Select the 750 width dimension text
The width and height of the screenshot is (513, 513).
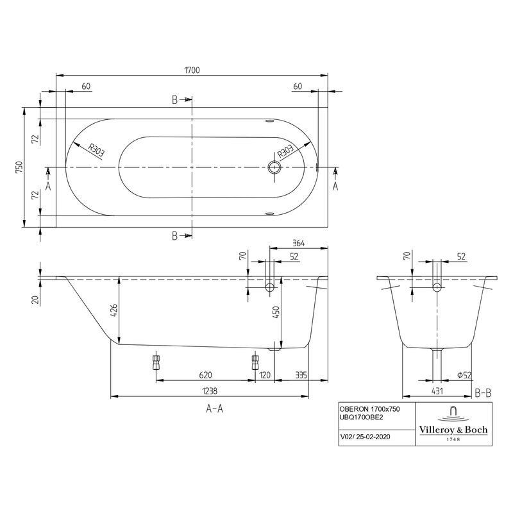pyautogui.click(x=19, y=167)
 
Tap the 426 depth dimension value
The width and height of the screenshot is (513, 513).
pyautogui.click(x=113, y=312)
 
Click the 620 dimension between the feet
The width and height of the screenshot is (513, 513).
pyautogui.click(x=205, y=374)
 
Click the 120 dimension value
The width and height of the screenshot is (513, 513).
pyautogui.click(x=265, y=374)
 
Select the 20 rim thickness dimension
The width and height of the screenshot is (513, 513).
pyautogui.click(x=35, y=298)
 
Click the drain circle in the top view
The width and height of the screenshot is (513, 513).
pyautogui.click(x=275, y=167)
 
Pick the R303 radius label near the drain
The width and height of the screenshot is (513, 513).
pyautogui.click(x=286, y=153)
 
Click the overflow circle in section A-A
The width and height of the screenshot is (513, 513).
pyautogui.click(x=269, y=286)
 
